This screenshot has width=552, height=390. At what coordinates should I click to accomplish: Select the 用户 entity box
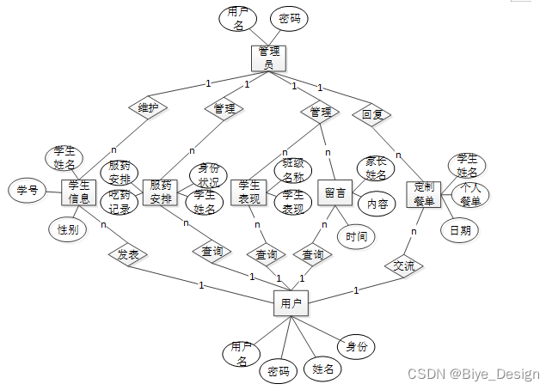pos(291,302)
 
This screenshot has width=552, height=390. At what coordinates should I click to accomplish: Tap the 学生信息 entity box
pos(79,192)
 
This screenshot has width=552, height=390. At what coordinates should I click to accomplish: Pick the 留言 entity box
pos(334,193)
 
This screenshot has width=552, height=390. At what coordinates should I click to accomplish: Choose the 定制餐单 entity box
pos(424,193)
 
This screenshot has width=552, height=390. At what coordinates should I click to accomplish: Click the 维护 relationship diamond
pos(148,108)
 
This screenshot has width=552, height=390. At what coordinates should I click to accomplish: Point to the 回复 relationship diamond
pos(371,113)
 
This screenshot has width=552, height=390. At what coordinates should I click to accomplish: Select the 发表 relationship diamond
pos(128,254)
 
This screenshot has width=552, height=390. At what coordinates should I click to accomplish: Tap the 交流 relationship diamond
pos(403,266)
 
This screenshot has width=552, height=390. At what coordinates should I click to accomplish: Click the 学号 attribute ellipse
pos(27,190)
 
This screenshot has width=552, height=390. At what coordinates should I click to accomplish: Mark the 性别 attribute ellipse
pos(67,229)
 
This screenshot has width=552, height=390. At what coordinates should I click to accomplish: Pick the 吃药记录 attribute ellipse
pos(120,203)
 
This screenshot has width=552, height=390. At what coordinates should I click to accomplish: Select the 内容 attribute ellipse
pos(377,204)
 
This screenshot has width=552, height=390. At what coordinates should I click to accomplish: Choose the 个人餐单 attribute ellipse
pos(470,194)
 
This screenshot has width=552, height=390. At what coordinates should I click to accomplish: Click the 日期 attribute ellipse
pos(459,229)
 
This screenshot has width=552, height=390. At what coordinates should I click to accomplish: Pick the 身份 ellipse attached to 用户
pos(356,346)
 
